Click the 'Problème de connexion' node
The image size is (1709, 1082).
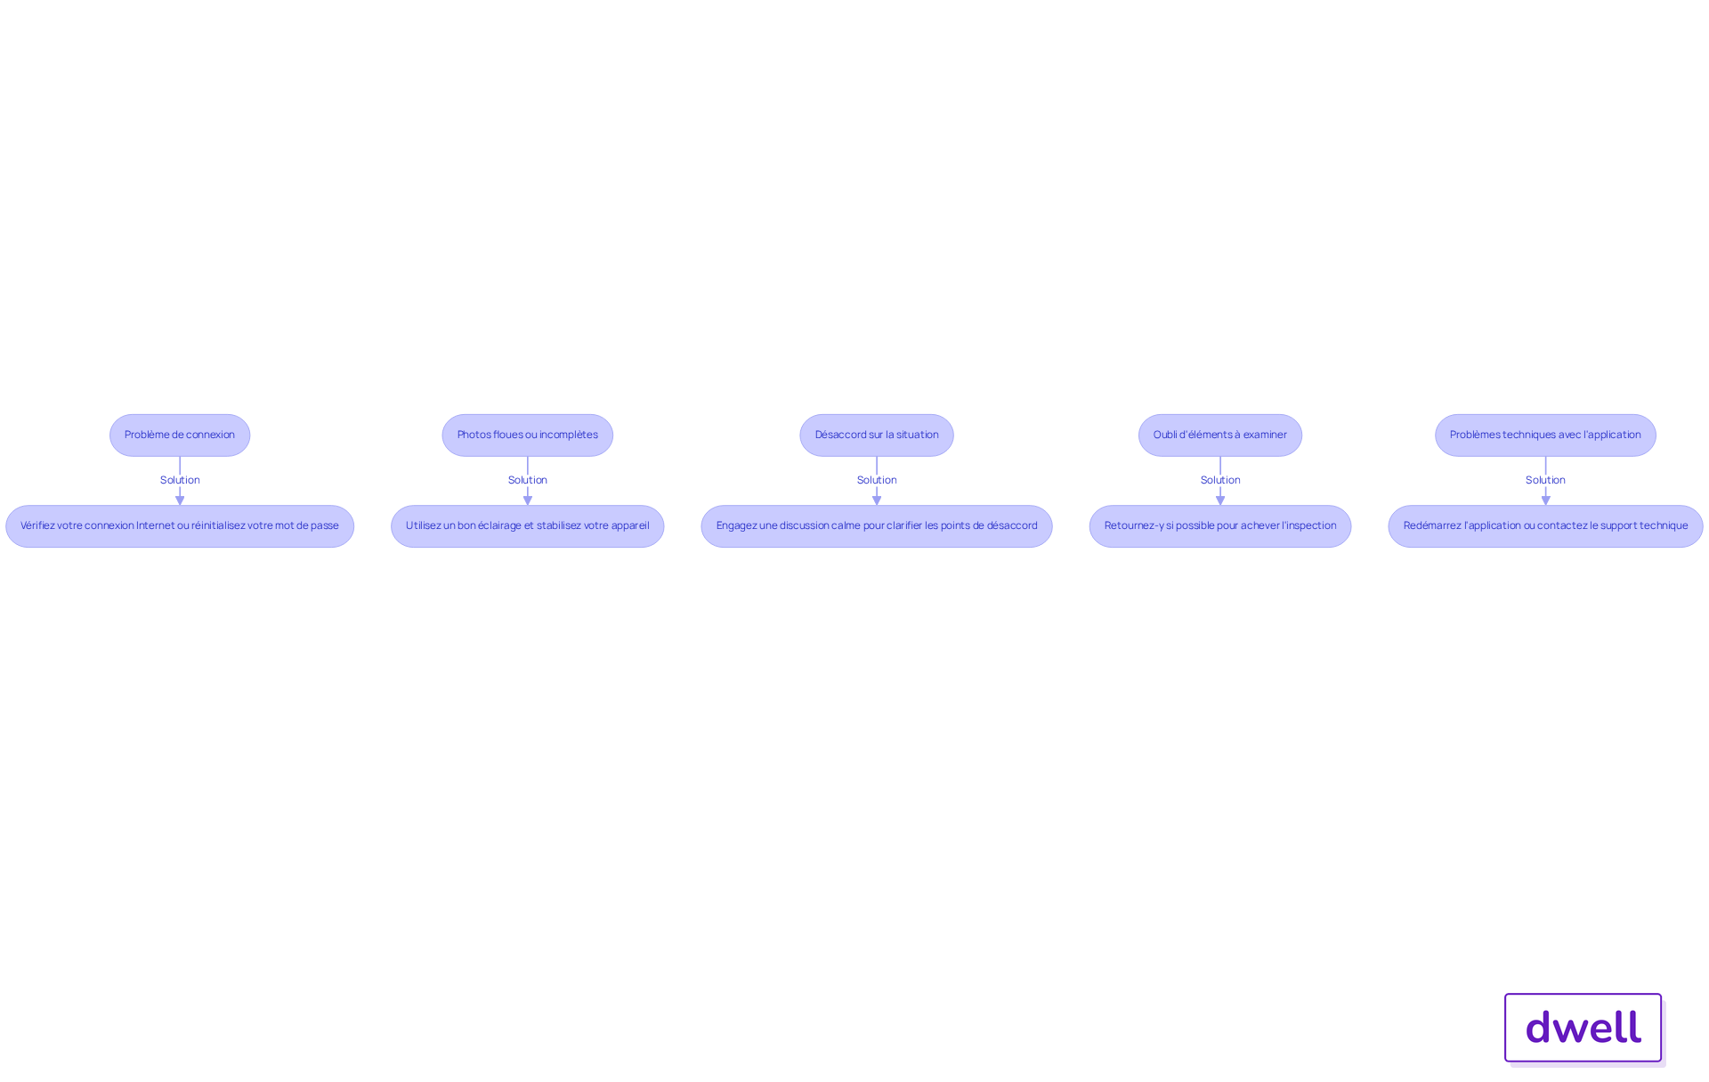180,435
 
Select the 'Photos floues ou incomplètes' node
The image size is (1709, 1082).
527,435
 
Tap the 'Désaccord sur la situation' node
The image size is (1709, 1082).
877,435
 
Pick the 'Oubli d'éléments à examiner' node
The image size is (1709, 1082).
1219,435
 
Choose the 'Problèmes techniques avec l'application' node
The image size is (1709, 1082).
1545,435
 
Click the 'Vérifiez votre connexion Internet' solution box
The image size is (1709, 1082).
180,526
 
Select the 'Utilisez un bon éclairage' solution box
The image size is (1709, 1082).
527,526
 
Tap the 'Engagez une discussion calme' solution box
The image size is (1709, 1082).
877,526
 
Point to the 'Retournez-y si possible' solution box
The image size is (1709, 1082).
1219,526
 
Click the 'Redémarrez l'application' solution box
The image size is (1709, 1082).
1545,526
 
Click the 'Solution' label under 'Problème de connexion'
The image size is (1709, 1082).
180,480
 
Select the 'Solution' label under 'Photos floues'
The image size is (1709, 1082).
527,480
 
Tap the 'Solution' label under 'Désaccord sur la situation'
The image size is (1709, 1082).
877,480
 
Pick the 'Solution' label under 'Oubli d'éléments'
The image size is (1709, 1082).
1219,480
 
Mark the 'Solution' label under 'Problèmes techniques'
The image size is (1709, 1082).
1545,480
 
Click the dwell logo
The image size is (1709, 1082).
1583,1028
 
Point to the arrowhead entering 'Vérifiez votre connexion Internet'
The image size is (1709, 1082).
180,500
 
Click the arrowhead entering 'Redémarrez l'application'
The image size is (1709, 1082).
1545,500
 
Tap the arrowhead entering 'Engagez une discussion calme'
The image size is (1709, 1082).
877,500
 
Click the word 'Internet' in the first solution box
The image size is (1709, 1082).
155,525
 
